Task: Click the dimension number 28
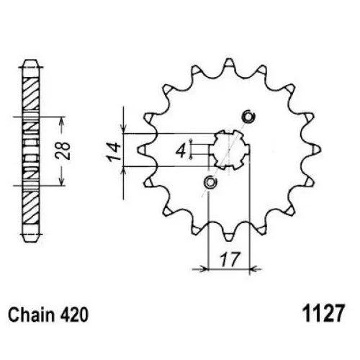pos(63,150)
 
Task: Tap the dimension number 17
pos(230,259)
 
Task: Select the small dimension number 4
pos(181,151)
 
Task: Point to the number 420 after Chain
pos(74,315)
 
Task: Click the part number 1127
pos(324,313)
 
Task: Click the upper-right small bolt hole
pos(248,117)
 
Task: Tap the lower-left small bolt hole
pos(210,182)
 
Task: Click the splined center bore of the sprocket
pos(229,150)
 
